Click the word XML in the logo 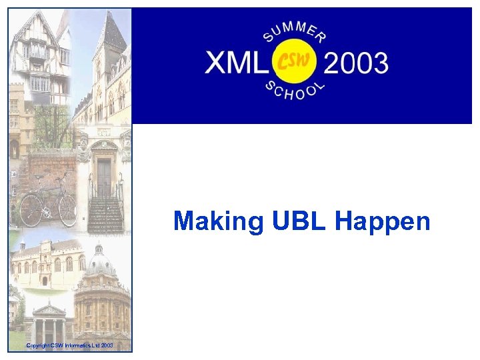(235, 63)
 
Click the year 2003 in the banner (355, 63)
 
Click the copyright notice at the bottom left (69, 345)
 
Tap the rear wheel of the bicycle (32, 209)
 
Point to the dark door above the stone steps (104, 177)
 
